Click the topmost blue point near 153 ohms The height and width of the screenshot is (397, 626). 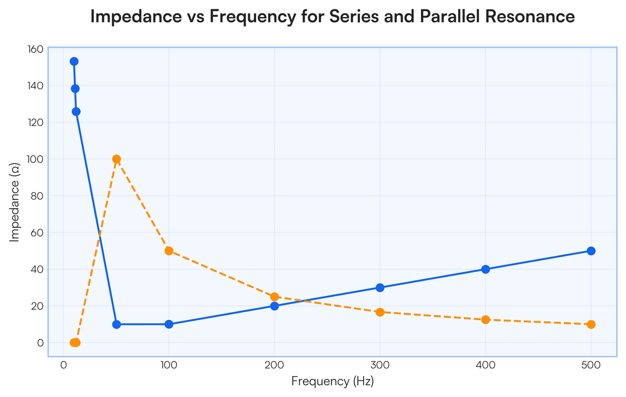[74, 61]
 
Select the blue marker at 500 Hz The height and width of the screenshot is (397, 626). [591, 251]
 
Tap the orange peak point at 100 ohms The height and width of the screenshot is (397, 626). [116, 159]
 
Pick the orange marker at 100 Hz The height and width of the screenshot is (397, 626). [169, 251]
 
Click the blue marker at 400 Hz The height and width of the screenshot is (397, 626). [486, 269]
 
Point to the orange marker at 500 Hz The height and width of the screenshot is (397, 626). [591, 324]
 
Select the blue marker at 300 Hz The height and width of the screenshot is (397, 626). [380, 287]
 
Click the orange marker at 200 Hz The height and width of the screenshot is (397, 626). [274, 297]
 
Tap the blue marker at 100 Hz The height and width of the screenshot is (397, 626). [169, 324]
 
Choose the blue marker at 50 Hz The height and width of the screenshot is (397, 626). [116, 324]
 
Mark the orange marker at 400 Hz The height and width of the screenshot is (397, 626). [486, 320]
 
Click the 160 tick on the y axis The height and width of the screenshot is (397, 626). [35, 49]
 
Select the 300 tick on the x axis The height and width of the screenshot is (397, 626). [380, 365]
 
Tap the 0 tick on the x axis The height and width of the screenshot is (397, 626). [64, 365]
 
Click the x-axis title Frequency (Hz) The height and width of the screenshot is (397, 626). [332, 382]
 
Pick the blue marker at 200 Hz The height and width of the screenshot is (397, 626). [274, 306]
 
